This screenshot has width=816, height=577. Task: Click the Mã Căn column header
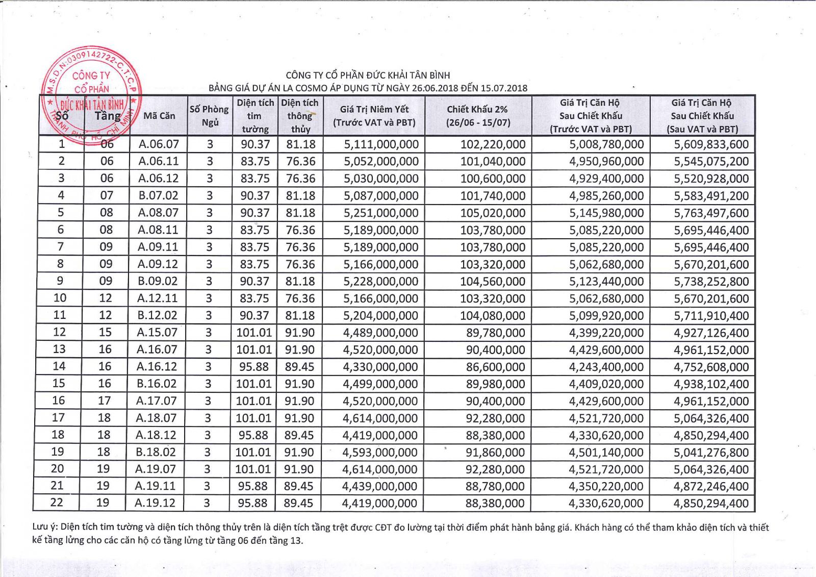click(159, 116)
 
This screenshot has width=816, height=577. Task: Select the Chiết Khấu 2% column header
click(478, 116)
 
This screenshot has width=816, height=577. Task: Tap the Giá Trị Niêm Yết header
click(374, 116)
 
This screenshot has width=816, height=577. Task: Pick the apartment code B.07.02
click(159, 195)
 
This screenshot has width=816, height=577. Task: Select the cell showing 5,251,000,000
click(381, 213)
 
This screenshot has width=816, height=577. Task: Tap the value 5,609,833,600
click(711, 144)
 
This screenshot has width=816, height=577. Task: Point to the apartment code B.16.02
click(157, 384)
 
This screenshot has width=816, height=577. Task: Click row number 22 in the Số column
click(57, 503)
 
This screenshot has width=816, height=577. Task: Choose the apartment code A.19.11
click(155, 486)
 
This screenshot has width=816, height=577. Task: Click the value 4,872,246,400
click(711, 486)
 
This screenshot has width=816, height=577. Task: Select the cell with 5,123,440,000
click(606, 281)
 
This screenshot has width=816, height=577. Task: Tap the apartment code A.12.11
click(158, 298)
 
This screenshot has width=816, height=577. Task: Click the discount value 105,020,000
click(493, 213)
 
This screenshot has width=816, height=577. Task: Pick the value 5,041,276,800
click(711, 452)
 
